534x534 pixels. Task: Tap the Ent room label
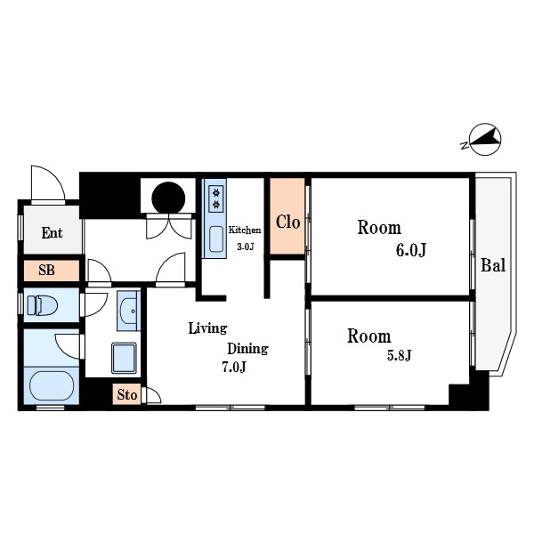(53, 233)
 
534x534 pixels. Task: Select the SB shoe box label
(46, 270)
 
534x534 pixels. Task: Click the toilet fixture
(42, 305)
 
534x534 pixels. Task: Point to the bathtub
(51, 385)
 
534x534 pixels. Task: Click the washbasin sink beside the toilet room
(128, 311)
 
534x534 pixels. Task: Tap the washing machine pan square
(124, 358)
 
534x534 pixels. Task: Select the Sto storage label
(127, 394)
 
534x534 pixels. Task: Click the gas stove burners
(216, 198)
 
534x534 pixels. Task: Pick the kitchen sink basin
(216, 239)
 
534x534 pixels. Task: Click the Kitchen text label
(245, 230)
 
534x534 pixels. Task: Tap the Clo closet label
(287, 222)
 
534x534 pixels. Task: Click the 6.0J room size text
(410, 250)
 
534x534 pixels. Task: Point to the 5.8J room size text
(399, 355)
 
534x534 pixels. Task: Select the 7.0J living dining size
(233, 367)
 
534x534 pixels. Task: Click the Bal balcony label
(493, 265)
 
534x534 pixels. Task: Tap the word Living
(207, 328)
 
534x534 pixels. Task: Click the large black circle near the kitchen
(168, 198)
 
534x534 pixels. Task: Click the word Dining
(247, 349)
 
